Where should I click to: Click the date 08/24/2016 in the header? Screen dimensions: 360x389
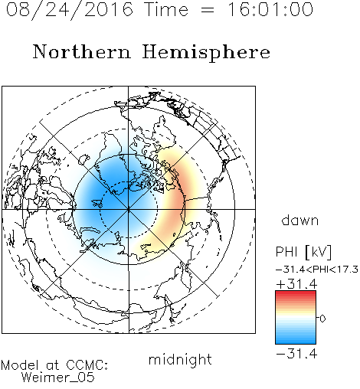click(70, 10)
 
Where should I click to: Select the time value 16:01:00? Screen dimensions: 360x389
click(270, 10)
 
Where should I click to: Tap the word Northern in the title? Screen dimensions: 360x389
click(82, 52)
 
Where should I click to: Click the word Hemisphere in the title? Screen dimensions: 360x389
click(206, 53)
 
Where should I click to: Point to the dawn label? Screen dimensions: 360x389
click(300, 221)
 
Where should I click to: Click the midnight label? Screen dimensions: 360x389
click(180, 360)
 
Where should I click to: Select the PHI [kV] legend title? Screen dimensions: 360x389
click(303, 252)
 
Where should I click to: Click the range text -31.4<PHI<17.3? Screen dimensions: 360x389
click(317, 270)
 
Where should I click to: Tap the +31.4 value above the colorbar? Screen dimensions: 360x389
click(296, 284)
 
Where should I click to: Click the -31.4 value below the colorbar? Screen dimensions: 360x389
click(296, 354)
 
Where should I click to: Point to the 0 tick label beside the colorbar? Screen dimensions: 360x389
click(322, 319)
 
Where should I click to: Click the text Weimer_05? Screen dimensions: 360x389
click(58, 378)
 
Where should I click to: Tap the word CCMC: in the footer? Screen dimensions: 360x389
click(87, 365)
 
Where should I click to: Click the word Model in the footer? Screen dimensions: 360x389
click(20, 365)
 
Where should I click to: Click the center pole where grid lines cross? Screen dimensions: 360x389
click(129, 209)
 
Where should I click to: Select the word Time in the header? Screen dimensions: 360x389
click(166, 10)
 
